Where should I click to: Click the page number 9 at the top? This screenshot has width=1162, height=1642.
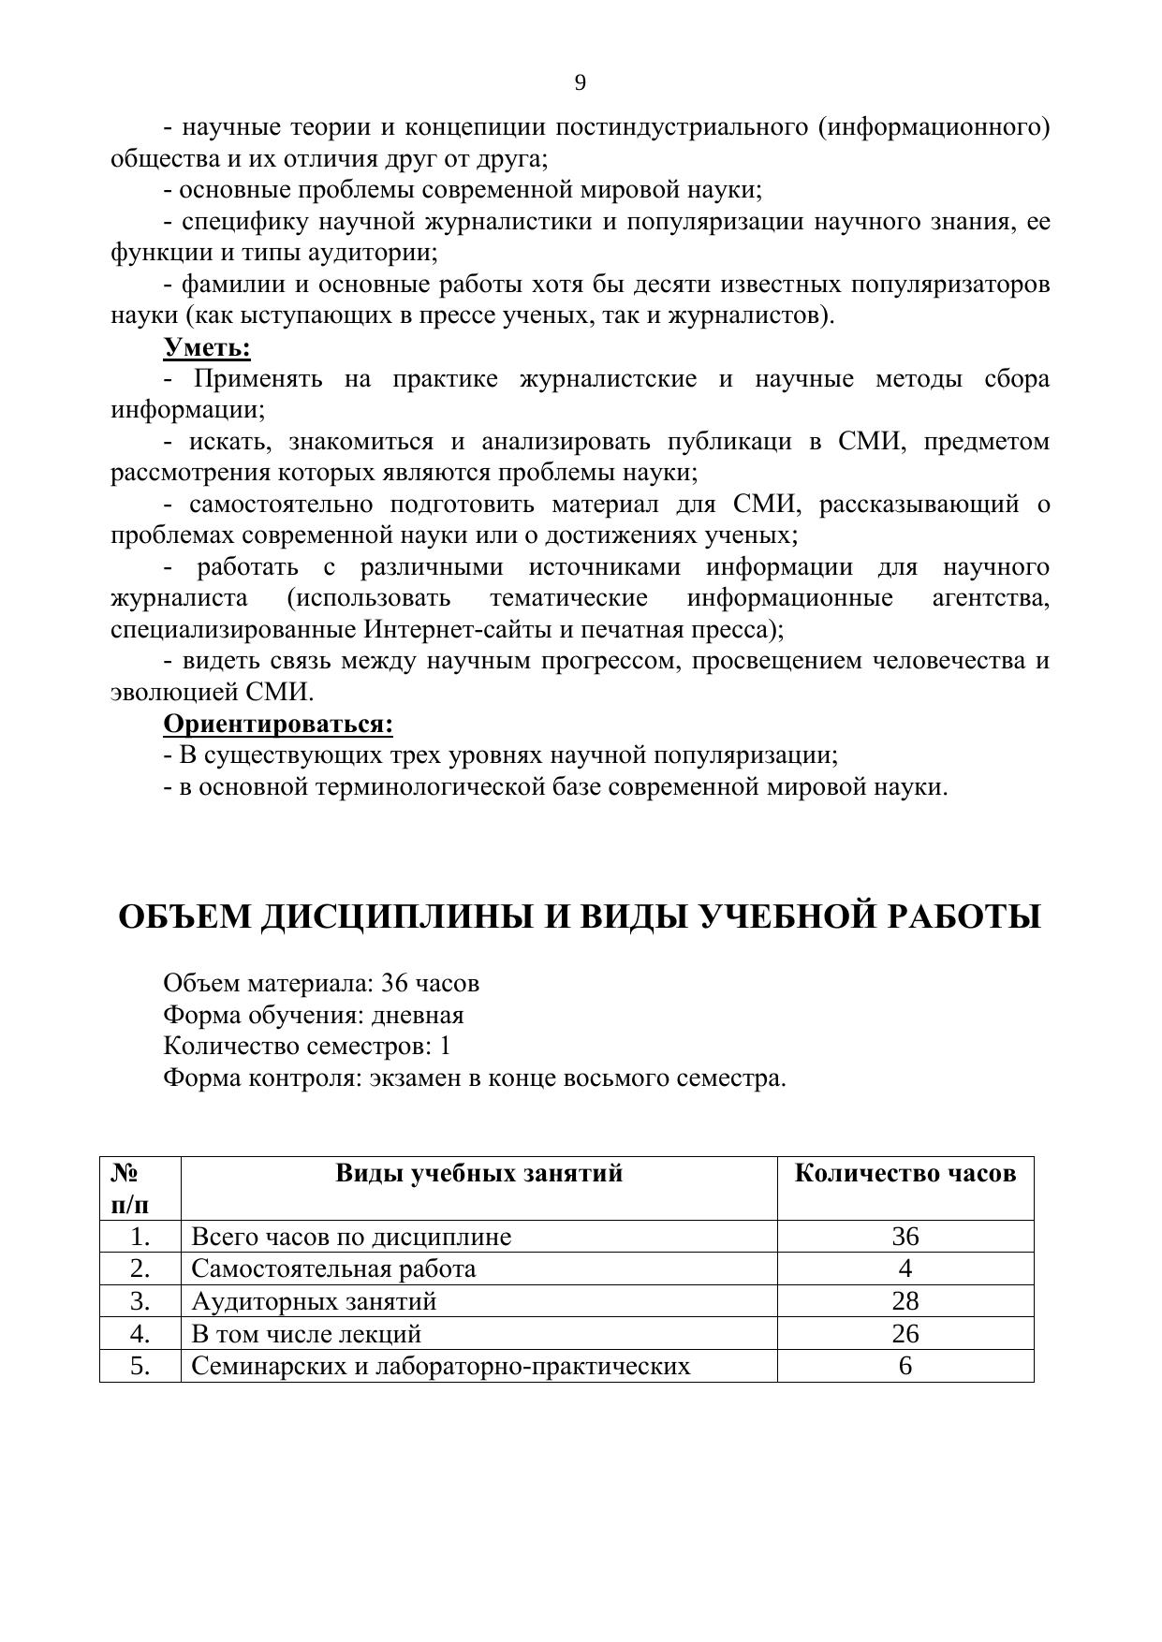581,83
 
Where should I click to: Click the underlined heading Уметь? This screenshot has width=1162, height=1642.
207,347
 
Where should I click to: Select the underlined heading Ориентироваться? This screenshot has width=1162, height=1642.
278,724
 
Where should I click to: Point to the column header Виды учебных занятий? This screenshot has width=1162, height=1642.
478,1173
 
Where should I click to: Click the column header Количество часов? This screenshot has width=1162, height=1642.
905,1173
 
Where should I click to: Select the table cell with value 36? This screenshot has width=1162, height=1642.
905,1237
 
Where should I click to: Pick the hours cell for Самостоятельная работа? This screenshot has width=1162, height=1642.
905,1268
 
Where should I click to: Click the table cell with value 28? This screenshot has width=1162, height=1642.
905,1301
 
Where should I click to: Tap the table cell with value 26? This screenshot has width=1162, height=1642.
905,1333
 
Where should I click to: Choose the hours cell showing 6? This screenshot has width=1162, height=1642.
905,1366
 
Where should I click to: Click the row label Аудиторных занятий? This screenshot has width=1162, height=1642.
314,1301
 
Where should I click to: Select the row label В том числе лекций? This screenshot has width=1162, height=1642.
306,1333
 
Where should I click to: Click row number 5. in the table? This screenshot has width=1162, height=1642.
140,1366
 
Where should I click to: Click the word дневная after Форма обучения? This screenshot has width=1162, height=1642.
418,1015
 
